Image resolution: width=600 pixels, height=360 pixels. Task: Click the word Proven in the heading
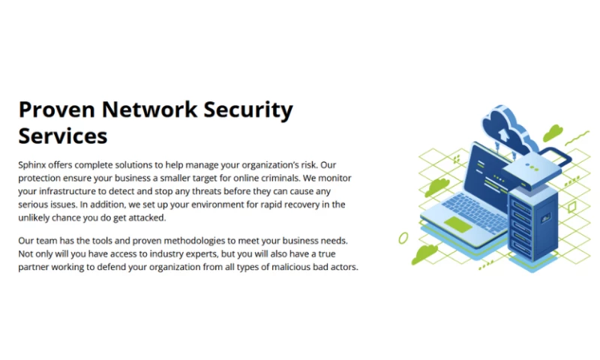[57, 109]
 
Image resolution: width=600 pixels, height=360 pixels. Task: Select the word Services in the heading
[63, 136]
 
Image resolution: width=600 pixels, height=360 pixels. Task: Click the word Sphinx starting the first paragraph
[32, 165]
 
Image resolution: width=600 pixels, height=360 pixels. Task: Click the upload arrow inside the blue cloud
[502, 134]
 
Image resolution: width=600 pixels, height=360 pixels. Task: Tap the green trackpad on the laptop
[457, 224]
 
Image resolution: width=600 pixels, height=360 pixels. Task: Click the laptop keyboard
[475, 211]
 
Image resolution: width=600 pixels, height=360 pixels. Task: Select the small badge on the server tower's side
[545, 218]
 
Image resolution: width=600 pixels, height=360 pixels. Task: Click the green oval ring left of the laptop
[403, 238]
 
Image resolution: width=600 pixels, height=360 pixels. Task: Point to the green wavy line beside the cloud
[577, 138]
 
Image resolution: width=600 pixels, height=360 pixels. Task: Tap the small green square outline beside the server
[571, 207]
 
